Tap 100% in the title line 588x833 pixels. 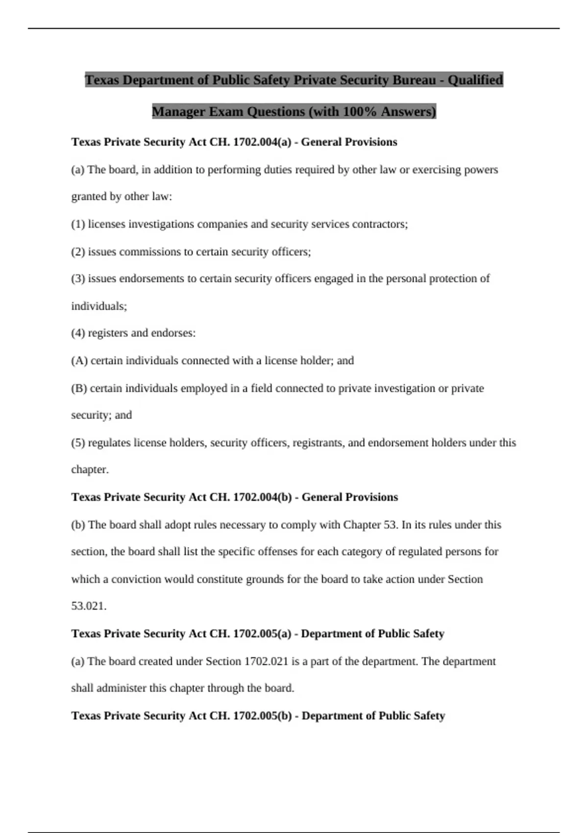click(x=360, y=112)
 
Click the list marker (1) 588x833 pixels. click(x=78, y=224)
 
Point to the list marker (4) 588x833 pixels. click(x=78, y=333)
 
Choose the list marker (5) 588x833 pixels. click(x=78, y=443)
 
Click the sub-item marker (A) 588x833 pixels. click(x=79, y=361)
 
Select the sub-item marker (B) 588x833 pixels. click(x=79, y=389)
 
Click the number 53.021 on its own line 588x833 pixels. click(x=89, y=606)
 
